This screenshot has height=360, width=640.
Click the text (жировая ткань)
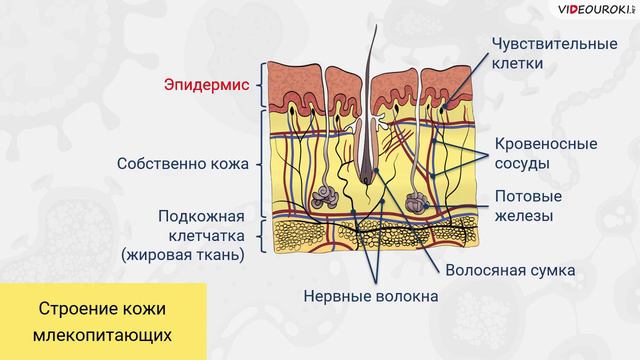pos(182,255)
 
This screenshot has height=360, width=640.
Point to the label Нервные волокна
pos(371,296)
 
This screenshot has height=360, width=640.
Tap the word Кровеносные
pos(546,143)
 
